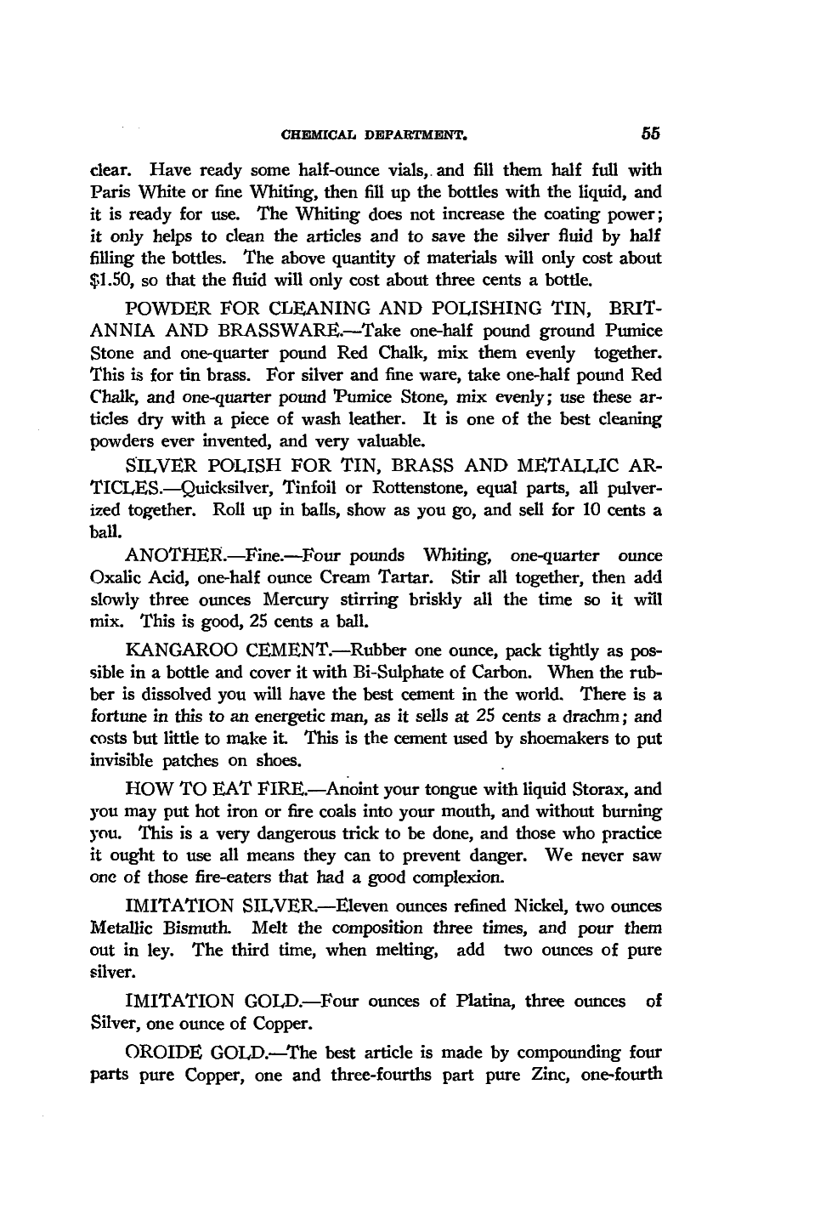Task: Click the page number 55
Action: tap(652, 133)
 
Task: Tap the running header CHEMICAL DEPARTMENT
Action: tap(375, 134)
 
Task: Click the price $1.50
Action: tap(112, 279)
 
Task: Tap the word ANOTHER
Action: tap(174, 555)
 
